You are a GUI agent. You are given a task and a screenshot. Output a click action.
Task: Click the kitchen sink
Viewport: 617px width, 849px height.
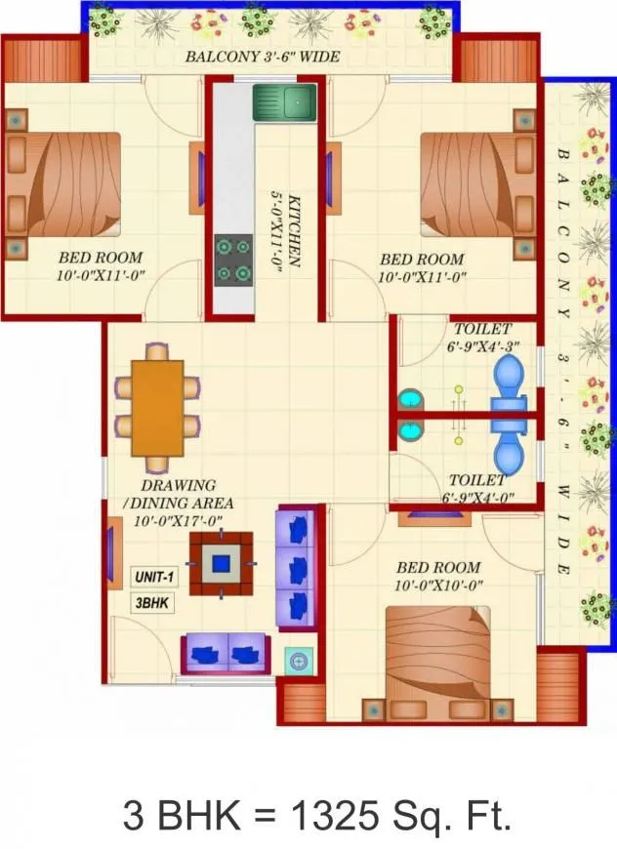click(284, 102)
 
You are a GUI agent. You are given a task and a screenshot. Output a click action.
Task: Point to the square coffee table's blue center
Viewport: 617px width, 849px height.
click(222, 563)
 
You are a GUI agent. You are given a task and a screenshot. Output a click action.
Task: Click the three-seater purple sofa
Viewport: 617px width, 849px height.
click(298, 568)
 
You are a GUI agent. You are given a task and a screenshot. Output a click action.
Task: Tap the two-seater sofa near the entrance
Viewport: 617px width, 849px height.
click(226, 652)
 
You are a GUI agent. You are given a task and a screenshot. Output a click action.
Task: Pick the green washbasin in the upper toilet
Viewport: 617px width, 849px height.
click(411, 400)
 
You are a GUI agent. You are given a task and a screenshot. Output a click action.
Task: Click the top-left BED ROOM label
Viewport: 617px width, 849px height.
click(101, 266)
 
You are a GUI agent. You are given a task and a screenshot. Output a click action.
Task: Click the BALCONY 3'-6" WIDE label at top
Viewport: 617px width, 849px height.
click(263, 57)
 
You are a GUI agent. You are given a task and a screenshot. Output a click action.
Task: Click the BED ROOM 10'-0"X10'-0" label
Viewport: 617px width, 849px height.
click(438, 576)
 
